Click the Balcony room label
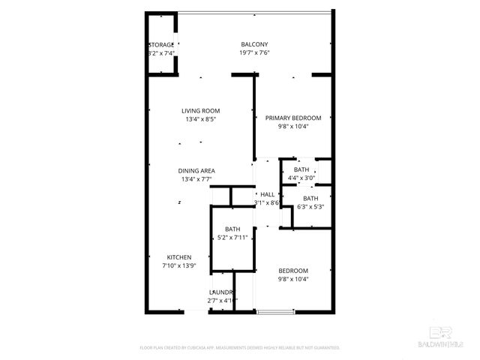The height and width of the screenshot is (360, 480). coord(254,44)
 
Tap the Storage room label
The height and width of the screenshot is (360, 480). coord(161,45)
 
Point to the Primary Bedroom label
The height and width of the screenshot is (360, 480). coord(293,118)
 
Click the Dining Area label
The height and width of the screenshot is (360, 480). coord(196,170)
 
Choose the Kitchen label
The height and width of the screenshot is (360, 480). coord(179,256)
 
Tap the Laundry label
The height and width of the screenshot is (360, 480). coord(222,292)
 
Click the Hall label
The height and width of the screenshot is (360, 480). coord(267,194)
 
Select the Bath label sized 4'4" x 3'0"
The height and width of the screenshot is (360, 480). coord(301,170)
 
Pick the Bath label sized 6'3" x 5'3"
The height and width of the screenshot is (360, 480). coord(310,198)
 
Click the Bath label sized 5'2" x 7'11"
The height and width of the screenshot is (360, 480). coord(232,229)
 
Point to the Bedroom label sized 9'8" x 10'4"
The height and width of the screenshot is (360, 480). coord(293,271)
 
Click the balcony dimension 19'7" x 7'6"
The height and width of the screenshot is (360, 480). coord(254,53)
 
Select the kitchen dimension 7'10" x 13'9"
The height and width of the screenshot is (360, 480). coord(179,265)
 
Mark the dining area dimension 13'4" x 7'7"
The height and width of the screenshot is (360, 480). coord(196,179)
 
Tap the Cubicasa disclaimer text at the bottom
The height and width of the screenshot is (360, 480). coord(240,348)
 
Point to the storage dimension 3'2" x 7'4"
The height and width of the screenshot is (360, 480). coord(161,54)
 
